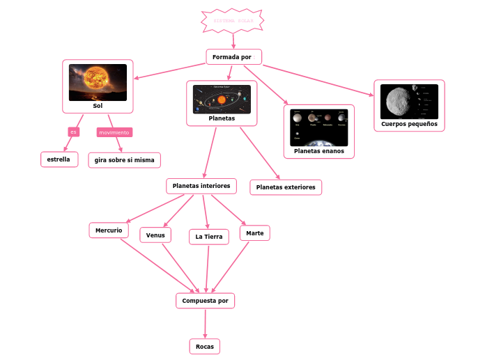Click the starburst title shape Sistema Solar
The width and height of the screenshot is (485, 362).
233,21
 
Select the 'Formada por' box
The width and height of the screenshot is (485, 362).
233,56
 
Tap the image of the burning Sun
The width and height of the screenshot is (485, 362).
98,82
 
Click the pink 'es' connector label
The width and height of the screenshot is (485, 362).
73,132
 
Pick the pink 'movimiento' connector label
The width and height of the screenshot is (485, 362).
114,132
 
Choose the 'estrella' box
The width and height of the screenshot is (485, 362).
59,159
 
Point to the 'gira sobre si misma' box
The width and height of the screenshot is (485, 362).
125,160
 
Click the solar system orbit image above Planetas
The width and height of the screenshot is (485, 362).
222,100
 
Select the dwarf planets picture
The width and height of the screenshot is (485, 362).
318,127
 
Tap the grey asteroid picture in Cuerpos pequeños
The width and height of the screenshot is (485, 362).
409,102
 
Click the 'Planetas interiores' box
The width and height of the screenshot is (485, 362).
201,186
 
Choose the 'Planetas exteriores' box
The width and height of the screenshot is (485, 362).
286,187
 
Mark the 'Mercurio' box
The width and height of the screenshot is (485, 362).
109,230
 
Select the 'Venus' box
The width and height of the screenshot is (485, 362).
155,235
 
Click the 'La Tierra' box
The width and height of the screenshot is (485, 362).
208,237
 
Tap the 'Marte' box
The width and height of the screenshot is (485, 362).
254,233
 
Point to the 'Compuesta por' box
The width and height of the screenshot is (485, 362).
205,301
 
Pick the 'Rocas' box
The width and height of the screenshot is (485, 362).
204,346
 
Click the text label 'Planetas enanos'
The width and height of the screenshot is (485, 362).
319,151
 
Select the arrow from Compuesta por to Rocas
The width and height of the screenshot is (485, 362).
205,324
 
